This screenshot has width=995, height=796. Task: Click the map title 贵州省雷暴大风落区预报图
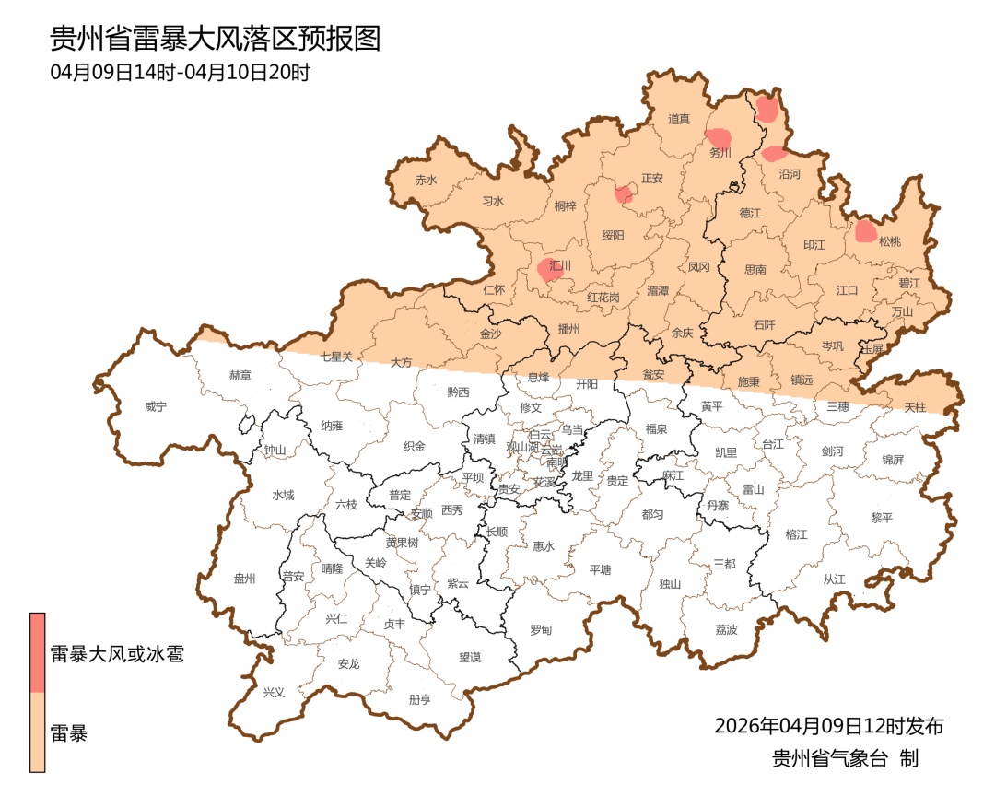coord(215,39)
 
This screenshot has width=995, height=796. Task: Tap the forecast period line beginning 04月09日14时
coord(180,73)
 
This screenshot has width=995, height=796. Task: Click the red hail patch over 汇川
coord(550,268)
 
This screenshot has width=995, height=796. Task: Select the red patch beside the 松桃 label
coord(865,230)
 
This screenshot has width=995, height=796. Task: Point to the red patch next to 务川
coord(719,139)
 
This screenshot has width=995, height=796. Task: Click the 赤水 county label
coord(426,181)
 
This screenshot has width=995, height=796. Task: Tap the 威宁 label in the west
coord(157,406)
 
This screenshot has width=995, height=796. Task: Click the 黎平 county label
coord(882,518)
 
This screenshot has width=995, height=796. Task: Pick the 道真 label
coord(679,119)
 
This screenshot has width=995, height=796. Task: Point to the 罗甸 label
coord(541,630)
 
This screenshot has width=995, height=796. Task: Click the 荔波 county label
coord(726,630)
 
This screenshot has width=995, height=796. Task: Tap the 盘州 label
coord(244,579)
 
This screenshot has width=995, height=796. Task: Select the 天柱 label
coord(915,406)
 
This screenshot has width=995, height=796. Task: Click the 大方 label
coord(401,362)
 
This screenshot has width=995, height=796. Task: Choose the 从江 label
coord(834,579)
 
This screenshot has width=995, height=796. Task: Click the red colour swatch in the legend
coord(38,652)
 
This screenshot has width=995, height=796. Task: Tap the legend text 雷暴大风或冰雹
coord(117,655)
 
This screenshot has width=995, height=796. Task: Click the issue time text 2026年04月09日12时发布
coord(828,726)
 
